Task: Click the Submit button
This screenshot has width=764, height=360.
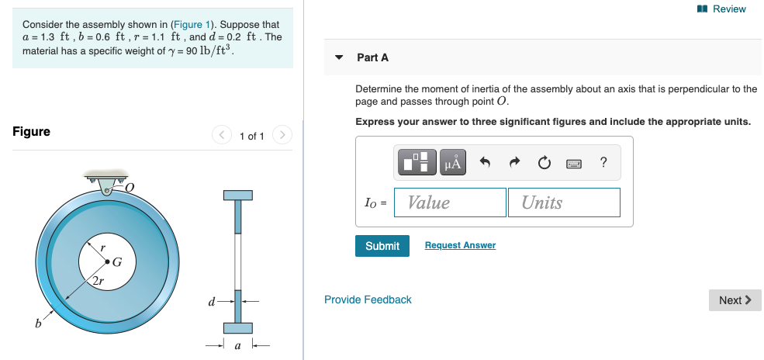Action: tap(382, 246)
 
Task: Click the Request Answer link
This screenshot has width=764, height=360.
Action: tap(460, 245)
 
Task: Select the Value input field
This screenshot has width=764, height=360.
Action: tap(450, 202)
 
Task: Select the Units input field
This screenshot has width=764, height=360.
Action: tap(564, 202)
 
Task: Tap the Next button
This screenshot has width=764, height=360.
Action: tap(735, 300)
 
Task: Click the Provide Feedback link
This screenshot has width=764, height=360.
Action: tap(368, 299)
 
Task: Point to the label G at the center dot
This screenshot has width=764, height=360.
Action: tap(117, 261)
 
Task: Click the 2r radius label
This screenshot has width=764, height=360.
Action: tap(97, 280)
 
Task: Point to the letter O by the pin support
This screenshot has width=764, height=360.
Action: tap(130, 186)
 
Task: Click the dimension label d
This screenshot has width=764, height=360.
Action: tap(211, 300)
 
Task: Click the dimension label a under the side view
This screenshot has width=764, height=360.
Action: tap(237, 346)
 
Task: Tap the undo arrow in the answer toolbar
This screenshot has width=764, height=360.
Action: tap(486, 162)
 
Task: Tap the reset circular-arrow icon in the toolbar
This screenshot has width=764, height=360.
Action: tap(544, 162)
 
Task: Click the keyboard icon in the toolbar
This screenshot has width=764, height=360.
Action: tap(574, 163)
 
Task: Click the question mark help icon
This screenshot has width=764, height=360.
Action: tap(603, 162)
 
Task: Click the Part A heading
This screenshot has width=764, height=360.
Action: tap(372, 57)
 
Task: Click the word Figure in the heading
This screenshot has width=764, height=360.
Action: tap(31, 131)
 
